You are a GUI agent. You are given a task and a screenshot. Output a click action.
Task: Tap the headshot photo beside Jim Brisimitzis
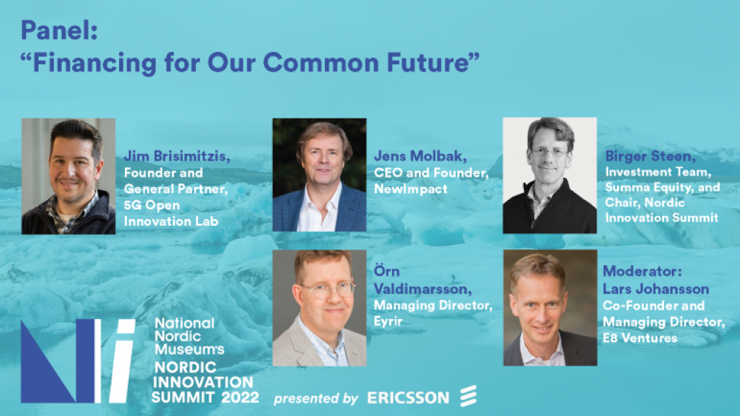pos(68,176)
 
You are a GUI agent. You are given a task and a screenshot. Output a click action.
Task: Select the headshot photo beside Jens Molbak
pos(319,175)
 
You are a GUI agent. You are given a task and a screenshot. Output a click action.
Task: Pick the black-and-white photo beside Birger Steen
pos(549,175)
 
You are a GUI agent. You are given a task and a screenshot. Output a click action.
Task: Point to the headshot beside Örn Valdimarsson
pos(319,308)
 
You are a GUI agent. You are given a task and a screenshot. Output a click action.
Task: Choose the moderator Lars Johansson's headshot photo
pos(549,308)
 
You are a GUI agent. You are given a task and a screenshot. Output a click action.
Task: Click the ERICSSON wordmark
pos(408,398)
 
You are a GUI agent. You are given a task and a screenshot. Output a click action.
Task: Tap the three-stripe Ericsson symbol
pos(468,397)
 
